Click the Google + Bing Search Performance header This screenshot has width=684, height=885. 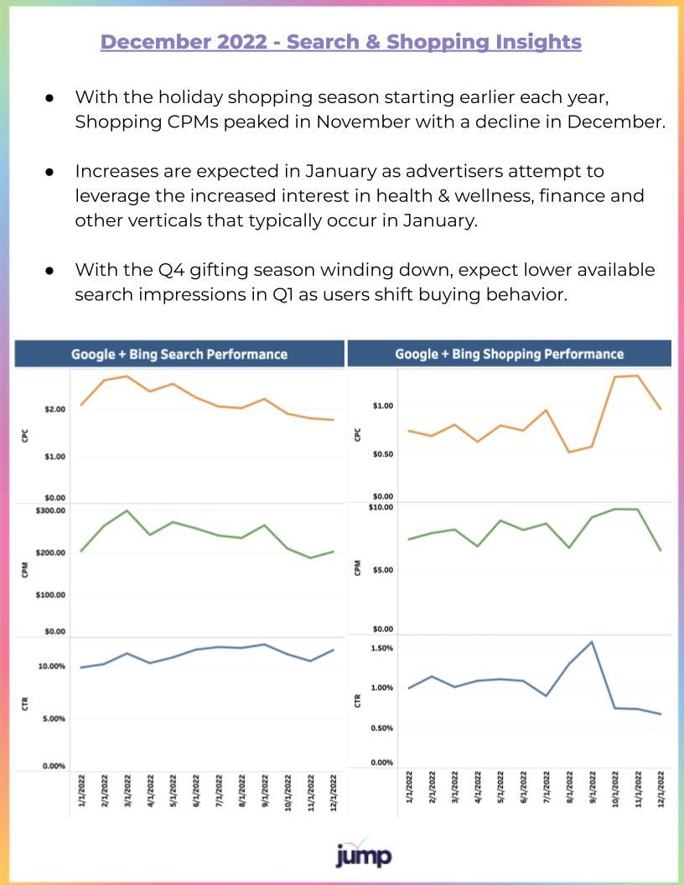(179, 354)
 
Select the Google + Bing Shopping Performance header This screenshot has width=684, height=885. (509, 354)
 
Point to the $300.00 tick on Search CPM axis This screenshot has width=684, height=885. (50, 510)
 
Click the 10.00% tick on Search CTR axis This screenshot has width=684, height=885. (51, 666)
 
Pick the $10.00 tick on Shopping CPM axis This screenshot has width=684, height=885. (381, 507)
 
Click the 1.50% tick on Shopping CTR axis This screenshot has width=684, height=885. (381, 649)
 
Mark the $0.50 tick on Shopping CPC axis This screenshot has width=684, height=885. (382, 454)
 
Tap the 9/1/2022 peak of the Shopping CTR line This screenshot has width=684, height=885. (592, 642)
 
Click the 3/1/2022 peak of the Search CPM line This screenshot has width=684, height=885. (127, 510)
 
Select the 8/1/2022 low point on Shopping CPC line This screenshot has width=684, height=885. (569, 452)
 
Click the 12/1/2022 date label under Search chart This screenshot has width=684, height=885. (334, 793)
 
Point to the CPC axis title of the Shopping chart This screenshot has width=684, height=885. (357, 435)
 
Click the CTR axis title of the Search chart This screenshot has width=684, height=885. (25, 704)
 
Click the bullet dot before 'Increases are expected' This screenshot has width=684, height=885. (49, 172)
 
